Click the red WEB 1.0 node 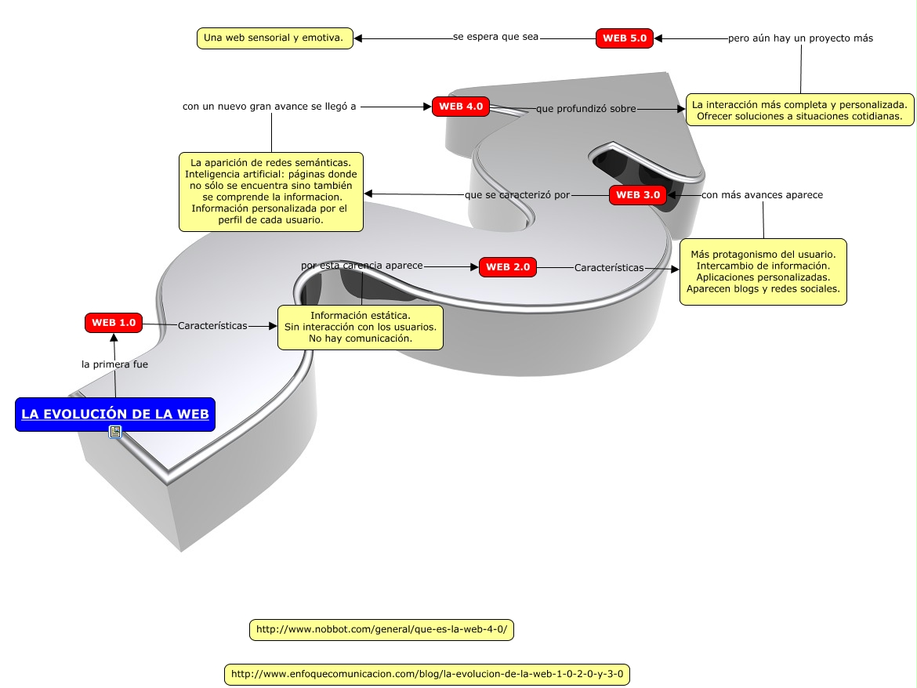tap(114, 322)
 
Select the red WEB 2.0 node tap(507, 267)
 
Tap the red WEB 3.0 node tap(638, 195)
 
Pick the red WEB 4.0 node tap(461, 107)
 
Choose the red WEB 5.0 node tap(625, 38)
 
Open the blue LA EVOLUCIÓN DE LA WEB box tap(115, 415)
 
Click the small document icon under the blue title tap(115, 432)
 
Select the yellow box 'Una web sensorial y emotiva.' tap(274, 38)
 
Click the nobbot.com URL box tap(382, 629)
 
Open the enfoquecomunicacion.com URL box tap(428, 674)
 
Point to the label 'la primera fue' tap(114, 364)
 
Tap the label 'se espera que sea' tap(495, 38)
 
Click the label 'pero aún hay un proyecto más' tap(800, 38)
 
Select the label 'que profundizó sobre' tap(585, 109)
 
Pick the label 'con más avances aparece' tap(762, 195)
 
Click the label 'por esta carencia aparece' tap(362, 266)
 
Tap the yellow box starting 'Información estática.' tap(361, 328)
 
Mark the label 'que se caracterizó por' tap(517, 195)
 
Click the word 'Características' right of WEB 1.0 tap(212, 325)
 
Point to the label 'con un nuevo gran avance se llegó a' tap(270, 107)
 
